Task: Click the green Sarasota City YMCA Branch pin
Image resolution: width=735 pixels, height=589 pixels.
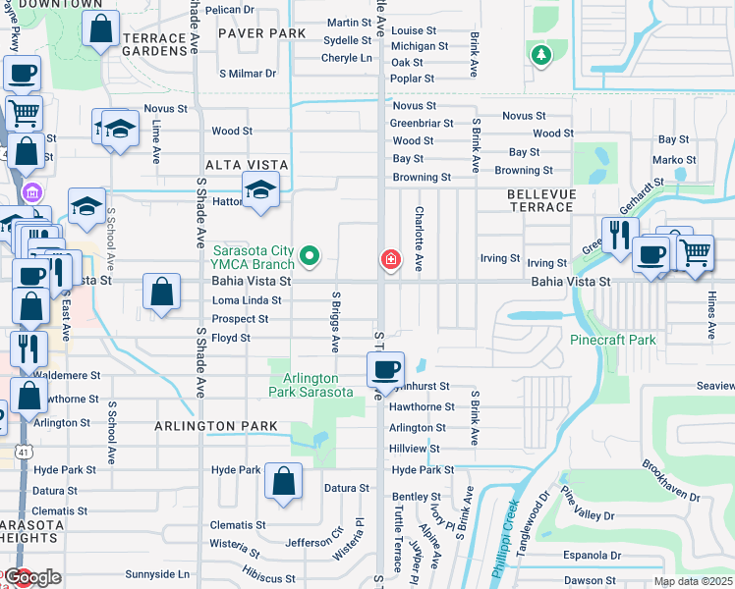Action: (311, 257)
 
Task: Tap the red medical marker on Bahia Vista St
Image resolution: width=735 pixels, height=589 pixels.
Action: (390, 259)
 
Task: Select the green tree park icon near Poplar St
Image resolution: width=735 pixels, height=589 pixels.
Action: (540, 56)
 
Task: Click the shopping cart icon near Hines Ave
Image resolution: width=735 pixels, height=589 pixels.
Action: (695, 251)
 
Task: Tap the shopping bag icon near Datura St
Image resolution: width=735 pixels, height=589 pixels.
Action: (283, 482)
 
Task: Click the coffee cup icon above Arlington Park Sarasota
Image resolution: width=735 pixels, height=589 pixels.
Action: (385, 369)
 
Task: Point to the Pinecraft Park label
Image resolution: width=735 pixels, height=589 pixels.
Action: (612, 340)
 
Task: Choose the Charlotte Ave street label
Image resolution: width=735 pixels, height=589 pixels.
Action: (420, 239)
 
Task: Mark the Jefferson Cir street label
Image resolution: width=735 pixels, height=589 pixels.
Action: (314, 542)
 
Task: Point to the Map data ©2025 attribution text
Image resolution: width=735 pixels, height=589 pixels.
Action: (692, 581)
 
